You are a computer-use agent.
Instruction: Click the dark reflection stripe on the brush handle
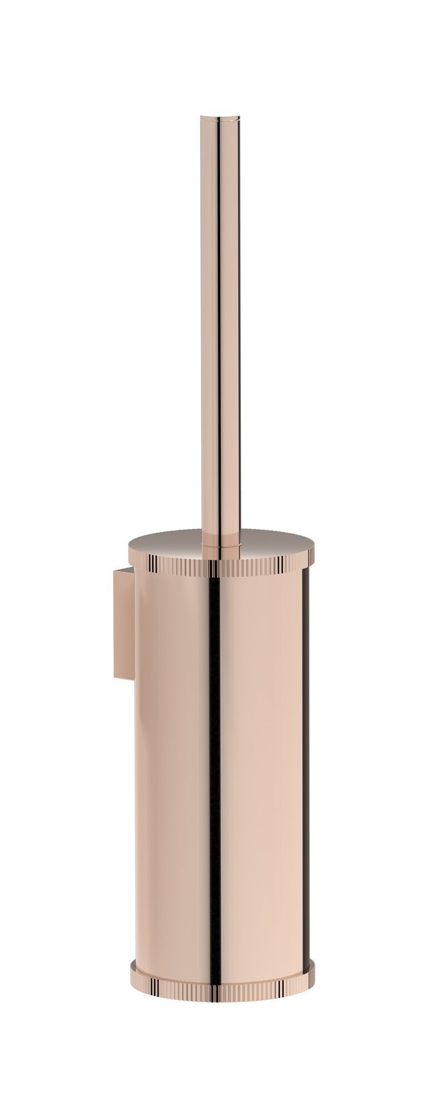(x=218, y=334)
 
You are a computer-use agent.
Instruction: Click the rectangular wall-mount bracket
(x=124, y=624)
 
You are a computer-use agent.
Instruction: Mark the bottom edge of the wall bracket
(x=124, y=678)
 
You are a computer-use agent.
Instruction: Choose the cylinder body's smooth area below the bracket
(x=167, y=808)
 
